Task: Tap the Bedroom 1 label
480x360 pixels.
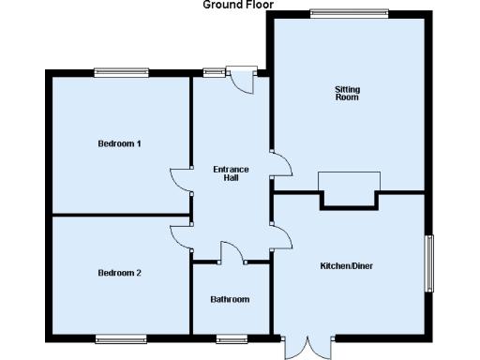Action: coord(119,143)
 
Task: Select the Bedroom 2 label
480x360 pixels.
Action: coord(119,273)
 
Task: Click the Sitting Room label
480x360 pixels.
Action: coord(347,93)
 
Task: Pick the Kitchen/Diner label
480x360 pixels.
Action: coord(347,266)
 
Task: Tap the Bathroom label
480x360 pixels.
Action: coord(230,299)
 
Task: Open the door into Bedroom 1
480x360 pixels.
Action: coord(181,180)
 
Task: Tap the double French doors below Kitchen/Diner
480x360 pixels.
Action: coord(307,348)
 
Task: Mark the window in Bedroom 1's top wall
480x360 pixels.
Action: coord(121,71)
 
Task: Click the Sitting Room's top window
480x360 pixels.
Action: coord(337,12)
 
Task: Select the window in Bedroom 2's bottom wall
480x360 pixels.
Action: coord(121,337)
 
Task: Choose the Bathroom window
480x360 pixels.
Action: coord(231,337)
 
